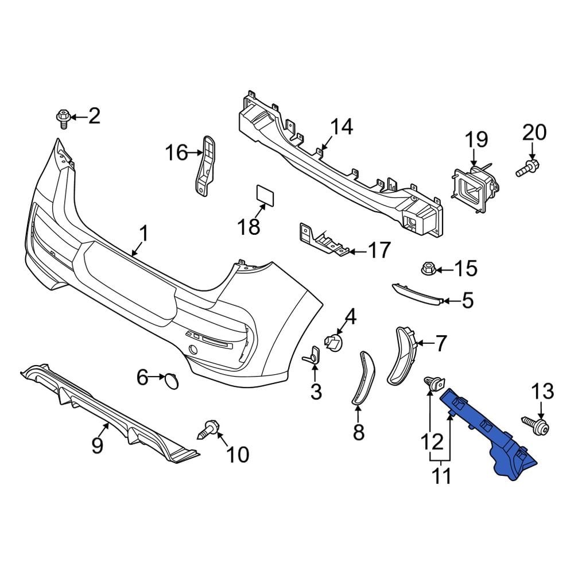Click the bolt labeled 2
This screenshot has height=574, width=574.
pos(63,118)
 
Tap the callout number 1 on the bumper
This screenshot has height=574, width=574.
pos(143,234)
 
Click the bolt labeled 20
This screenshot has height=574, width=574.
pos(527,168)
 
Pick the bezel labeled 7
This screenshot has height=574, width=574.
pos(404,355)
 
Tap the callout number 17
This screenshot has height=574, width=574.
pos(378,250)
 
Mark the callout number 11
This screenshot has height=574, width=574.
pos(442,476)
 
